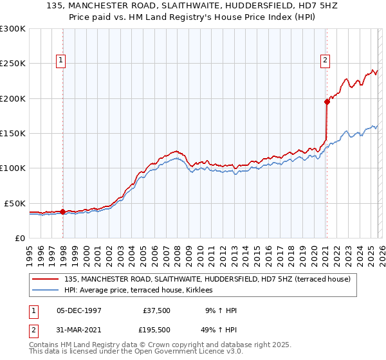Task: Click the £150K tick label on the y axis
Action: point(13,134)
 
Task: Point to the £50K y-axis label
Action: point(15,203)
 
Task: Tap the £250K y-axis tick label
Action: point(13,64)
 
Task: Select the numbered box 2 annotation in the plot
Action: point(326,61)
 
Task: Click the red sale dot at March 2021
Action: point(327,102)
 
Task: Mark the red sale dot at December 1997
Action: point(62,212)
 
